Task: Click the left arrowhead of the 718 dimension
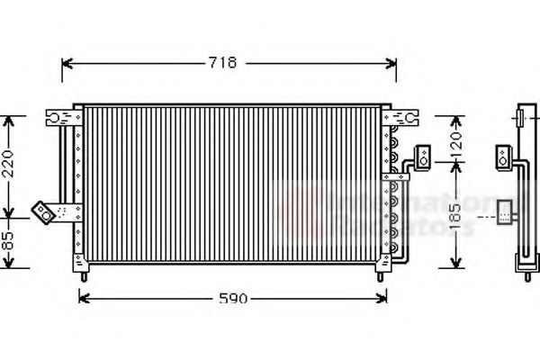click(x=66, y=63)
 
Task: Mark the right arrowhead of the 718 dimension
click(x=392, y=63)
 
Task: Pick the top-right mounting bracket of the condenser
click(x=400, y=116)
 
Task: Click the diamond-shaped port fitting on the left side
click(x=41, y=211)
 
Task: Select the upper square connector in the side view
click(x=501, y=157)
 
